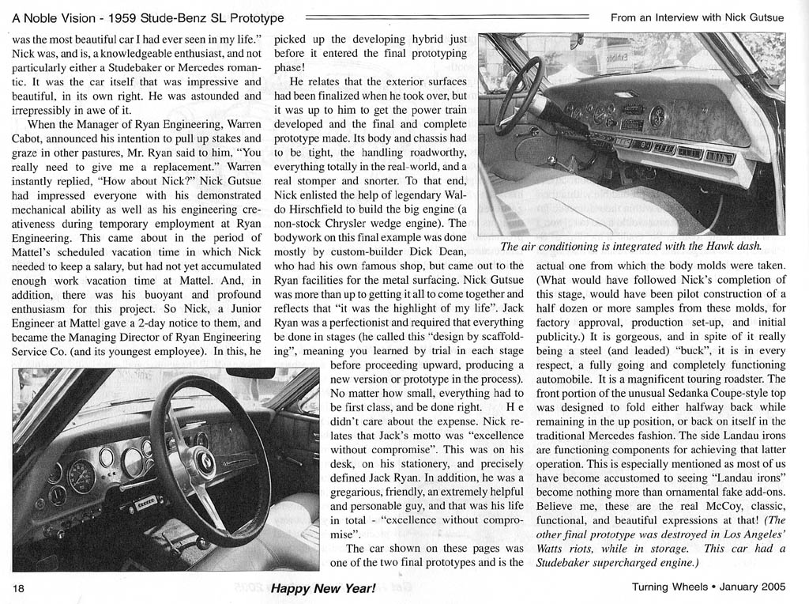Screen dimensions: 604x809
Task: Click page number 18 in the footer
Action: tap(20, 588)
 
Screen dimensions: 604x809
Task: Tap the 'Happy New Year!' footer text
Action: tap(323, 588)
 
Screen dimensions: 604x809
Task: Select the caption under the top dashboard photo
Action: tap(630, 246)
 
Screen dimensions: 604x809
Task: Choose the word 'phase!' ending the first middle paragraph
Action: tap(291, 66)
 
